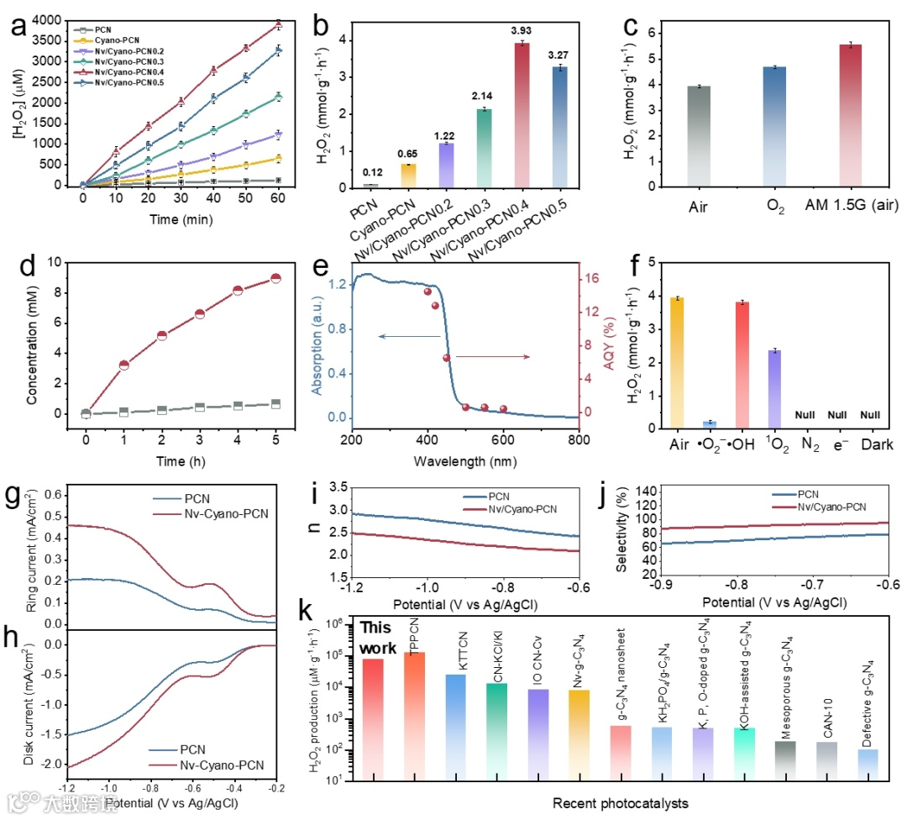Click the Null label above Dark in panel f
point(872,415)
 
